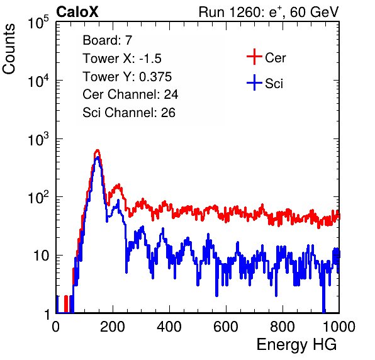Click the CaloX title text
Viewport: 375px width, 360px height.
tap(77, 12)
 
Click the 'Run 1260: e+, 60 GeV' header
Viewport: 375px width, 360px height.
tap(269, 12)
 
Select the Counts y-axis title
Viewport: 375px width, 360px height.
tap(9, 49)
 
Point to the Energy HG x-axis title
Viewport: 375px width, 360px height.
tap(296, 345)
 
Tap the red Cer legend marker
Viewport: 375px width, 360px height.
tap(254, 57)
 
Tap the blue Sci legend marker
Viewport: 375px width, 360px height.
tap(254, 83)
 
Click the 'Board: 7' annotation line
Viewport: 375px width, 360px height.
tap(108, 40)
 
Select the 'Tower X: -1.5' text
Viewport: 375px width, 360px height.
tap(122, 59)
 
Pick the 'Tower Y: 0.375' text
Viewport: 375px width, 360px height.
tap(127, 77)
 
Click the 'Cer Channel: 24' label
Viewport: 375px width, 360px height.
tap(130, 94)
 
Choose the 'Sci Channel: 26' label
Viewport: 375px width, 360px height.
tap(129, 113)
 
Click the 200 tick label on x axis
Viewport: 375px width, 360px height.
tap(113, 327)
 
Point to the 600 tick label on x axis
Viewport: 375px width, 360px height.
tap(226, 327)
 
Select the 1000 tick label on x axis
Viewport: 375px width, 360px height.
tap(339, 327)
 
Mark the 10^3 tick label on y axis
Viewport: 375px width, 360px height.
tap(38, 139)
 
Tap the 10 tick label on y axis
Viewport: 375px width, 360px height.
tap(41, 256)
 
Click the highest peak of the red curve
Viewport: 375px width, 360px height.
tap(98, 150)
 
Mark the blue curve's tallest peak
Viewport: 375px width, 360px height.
tap(97, 158)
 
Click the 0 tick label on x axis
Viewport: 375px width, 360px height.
tap(56, 327)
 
